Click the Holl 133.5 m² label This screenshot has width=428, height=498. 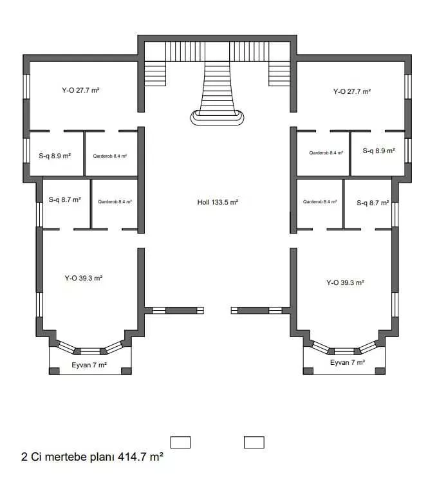[x=218, y=202]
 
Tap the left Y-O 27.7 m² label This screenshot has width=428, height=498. [x=80, y=90]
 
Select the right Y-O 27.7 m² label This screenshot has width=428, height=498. [x=352, y=92]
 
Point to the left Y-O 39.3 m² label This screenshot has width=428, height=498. [x=84, y=278]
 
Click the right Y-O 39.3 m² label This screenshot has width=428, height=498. [x=345, y=282]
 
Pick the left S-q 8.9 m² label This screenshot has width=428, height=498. [x=55, y=156]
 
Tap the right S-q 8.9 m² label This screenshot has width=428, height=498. [x=378, y=151]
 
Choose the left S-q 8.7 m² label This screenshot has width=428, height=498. [x=65, y=199]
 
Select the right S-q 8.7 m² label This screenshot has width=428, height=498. [x=373, y=203]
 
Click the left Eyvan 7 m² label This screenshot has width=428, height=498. [x=89, y=365]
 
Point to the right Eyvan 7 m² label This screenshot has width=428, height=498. [x=348, y=363]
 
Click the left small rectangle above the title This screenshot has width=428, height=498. [x=180, y=443]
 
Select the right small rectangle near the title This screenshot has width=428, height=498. [x=254, y=443]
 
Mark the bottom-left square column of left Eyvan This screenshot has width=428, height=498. [x=54, y=371]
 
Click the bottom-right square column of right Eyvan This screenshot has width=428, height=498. [x=380, y=371]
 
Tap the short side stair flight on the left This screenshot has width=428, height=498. [x=155, y=74]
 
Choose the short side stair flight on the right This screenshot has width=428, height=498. [x=279, y=74]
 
